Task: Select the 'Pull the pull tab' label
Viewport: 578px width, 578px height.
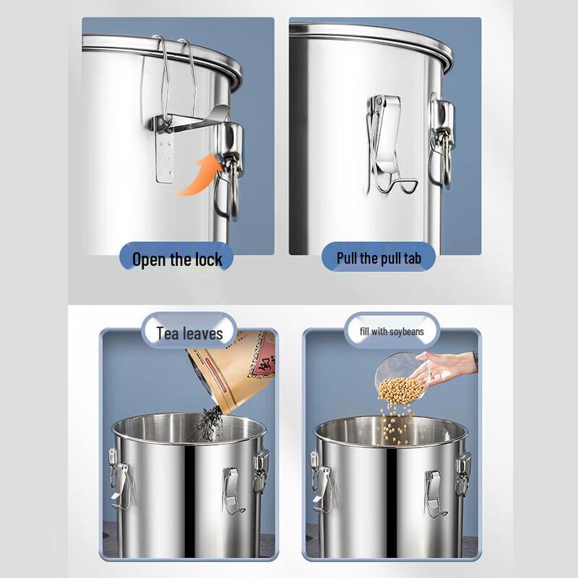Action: [375, 256]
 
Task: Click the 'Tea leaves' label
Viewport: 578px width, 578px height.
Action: [189, 333]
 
